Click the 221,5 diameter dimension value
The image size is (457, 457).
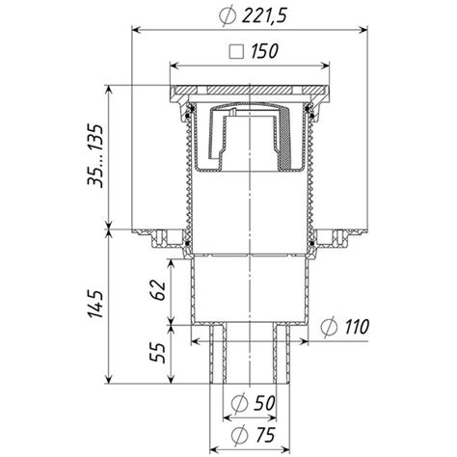tap(263, 15)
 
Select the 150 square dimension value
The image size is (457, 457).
tap(264, 51)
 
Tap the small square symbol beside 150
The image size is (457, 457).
tap(236, 52)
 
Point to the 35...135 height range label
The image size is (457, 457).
tap(95, 156)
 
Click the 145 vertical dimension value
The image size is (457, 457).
tap(95, 304)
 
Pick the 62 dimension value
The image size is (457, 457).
tap(157, 290)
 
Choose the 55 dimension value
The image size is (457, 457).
tap(157, 353)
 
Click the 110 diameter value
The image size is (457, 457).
tap(357, 327)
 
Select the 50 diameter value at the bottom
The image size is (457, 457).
tap(263, 403)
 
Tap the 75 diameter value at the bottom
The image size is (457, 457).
tap(263, 435)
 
